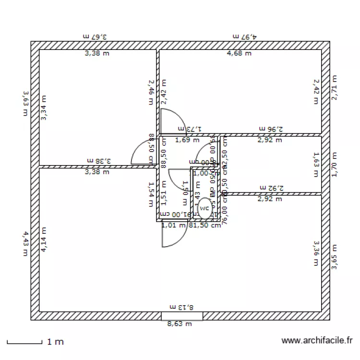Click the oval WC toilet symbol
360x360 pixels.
click(205, 206)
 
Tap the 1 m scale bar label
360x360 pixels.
click(55, 342)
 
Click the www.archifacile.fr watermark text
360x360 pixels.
click(317, 340)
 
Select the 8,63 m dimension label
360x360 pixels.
click(180, 324)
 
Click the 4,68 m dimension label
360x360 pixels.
click(239, 53)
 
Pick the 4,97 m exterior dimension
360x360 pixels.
click(245, 36)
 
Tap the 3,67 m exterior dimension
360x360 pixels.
click(94, 36)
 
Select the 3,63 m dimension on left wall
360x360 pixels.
click(25, 104)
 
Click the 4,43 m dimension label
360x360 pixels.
click(25, 244)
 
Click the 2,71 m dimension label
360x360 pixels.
click(335, 87)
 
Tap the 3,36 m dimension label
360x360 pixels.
click(316, 253)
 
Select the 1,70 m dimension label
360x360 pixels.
click(335, 165)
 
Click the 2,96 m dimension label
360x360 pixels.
click(271, 129)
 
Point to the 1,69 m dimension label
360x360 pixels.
click(187, 141)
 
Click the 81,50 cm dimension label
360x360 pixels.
click(204, 225)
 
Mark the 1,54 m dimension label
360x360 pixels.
click(151, 194)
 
